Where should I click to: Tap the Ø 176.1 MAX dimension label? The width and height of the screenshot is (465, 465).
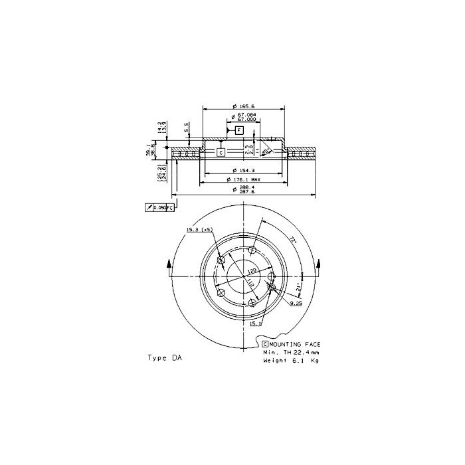(x=246, y=179)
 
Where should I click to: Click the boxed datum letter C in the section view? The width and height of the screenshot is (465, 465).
(x=221, y=152)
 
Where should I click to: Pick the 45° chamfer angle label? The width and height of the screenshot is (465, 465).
(x=265, y=152)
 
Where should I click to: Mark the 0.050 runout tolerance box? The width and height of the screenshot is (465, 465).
(x=159, y=208)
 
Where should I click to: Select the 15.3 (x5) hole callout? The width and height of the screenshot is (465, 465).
(x=199, y=229)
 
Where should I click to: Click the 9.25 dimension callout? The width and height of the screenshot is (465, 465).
(x=296, y=303)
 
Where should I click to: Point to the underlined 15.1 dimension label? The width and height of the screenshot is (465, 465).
(x=255, y=324)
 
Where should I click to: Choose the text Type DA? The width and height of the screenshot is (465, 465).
(x=164, y=357)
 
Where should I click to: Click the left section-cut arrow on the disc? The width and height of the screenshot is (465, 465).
(x=170, y=266)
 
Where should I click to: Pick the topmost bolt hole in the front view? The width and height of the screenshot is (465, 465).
(x=252, y=250)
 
